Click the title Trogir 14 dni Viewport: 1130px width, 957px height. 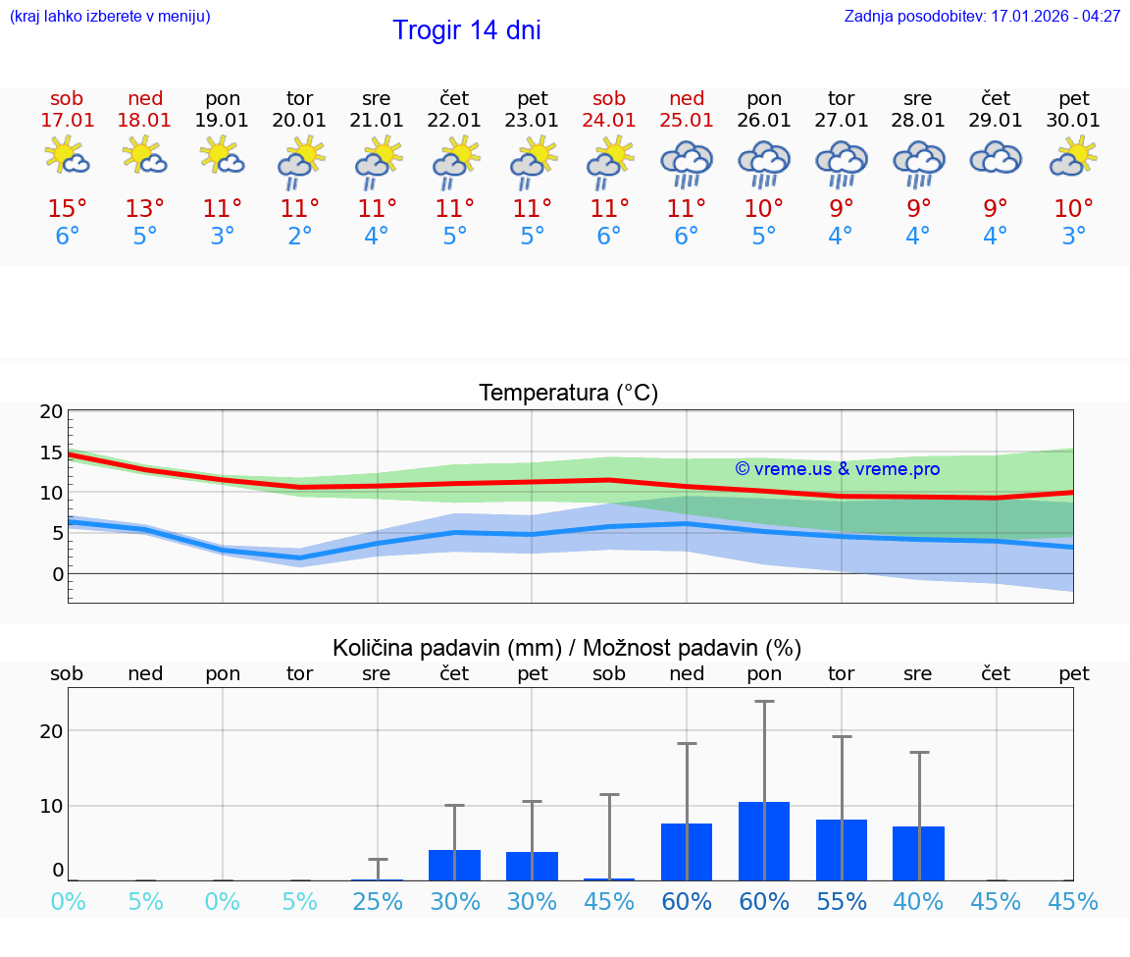point(466,30)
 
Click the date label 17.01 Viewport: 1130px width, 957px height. point(67,121)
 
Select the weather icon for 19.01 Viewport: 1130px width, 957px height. point(222,156)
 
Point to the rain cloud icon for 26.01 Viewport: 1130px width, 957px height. point(764,163)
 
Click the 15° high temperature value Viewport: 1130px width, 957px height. point(67,209)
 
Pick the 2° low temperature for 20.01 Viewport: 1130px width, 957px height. point(299,237)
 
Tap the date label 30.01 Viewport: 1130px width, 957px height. point(1073,121)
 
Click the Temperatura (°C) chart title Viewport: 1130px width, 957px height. point(568,394)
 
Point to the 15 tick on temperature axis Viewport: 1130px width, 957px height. point(51,452)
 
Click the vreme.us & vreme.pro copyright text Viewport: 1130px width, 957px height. point(837,469)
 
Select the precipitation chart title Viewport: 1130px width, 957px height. point(567,648)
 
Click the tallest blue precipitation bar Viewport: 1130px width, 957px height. point(764,840)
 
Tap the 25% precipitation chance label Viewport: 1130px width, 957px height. point(377,901)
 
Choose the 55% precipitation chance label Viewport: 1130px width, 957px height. point(841,901)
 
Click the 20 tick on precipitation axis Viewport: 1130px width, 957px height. point(51,731)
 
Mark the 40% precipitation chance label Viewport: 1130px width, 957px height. point(918,901)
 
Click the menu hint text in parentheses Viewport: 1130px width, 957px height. point(110,17)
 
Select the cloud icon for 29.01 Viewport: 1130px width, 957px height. point(996,158)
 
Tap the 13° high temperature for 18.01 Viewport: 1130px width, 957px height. point(144,209)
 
